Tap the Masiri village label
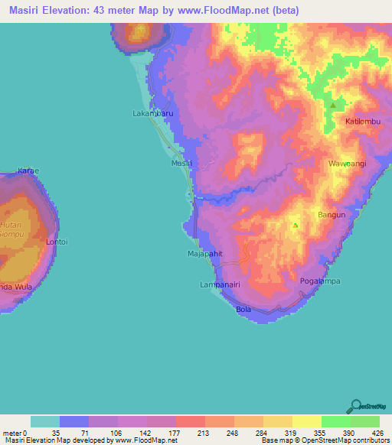point(180,164)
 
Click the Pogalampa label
point(319,281)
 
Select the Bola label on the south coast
point(243,309)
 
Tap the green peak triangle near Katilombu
point(333,105)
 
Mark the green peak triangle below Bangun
point(295,225)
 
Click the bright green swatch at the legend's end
point(365,421)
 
